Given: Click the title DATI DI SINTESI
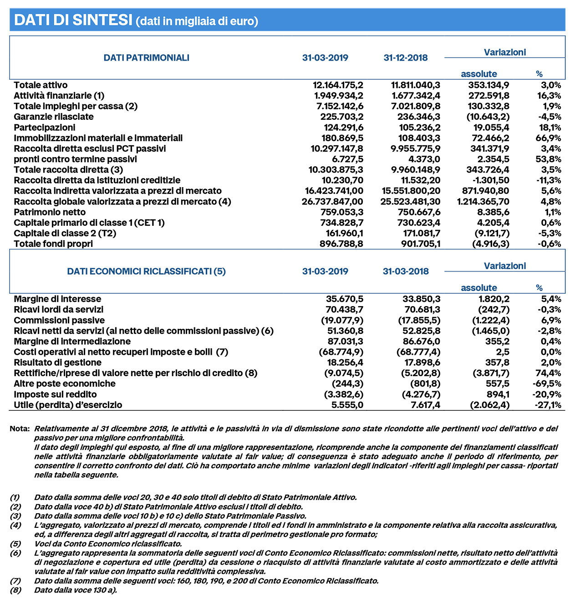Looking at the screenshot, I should pos(73,20).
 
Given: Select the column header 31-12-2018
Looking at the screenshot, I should pos(405,58).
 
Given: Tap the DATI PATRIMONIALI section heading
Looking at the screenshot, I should pos(146,58).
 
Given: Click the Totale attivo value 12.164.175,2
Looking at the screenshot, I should pos(338,85).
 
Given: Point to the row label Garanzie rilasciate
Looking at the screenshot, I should pos(54,117).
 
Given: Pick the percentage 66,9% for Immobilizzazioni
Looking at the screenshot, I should pos(549,138).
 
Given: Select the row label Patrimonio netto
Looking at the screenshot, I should pos(50,212).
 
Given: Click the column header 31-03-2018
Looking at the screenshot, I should pos(406,271).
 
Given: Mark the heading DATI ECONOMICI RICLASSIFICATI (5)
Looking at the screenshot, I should pos(146,271).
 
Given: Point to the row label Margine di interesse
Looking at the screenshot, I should pos(57,299).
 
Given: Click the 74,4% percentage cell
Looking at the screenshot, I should pos(549,373).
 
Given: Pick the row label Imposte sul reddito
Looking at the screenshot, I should pos(55,394).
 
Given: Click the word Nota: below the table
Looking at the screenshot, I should pos(20,429).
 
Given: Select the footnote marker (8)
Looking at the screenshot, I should pos(15,590).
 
